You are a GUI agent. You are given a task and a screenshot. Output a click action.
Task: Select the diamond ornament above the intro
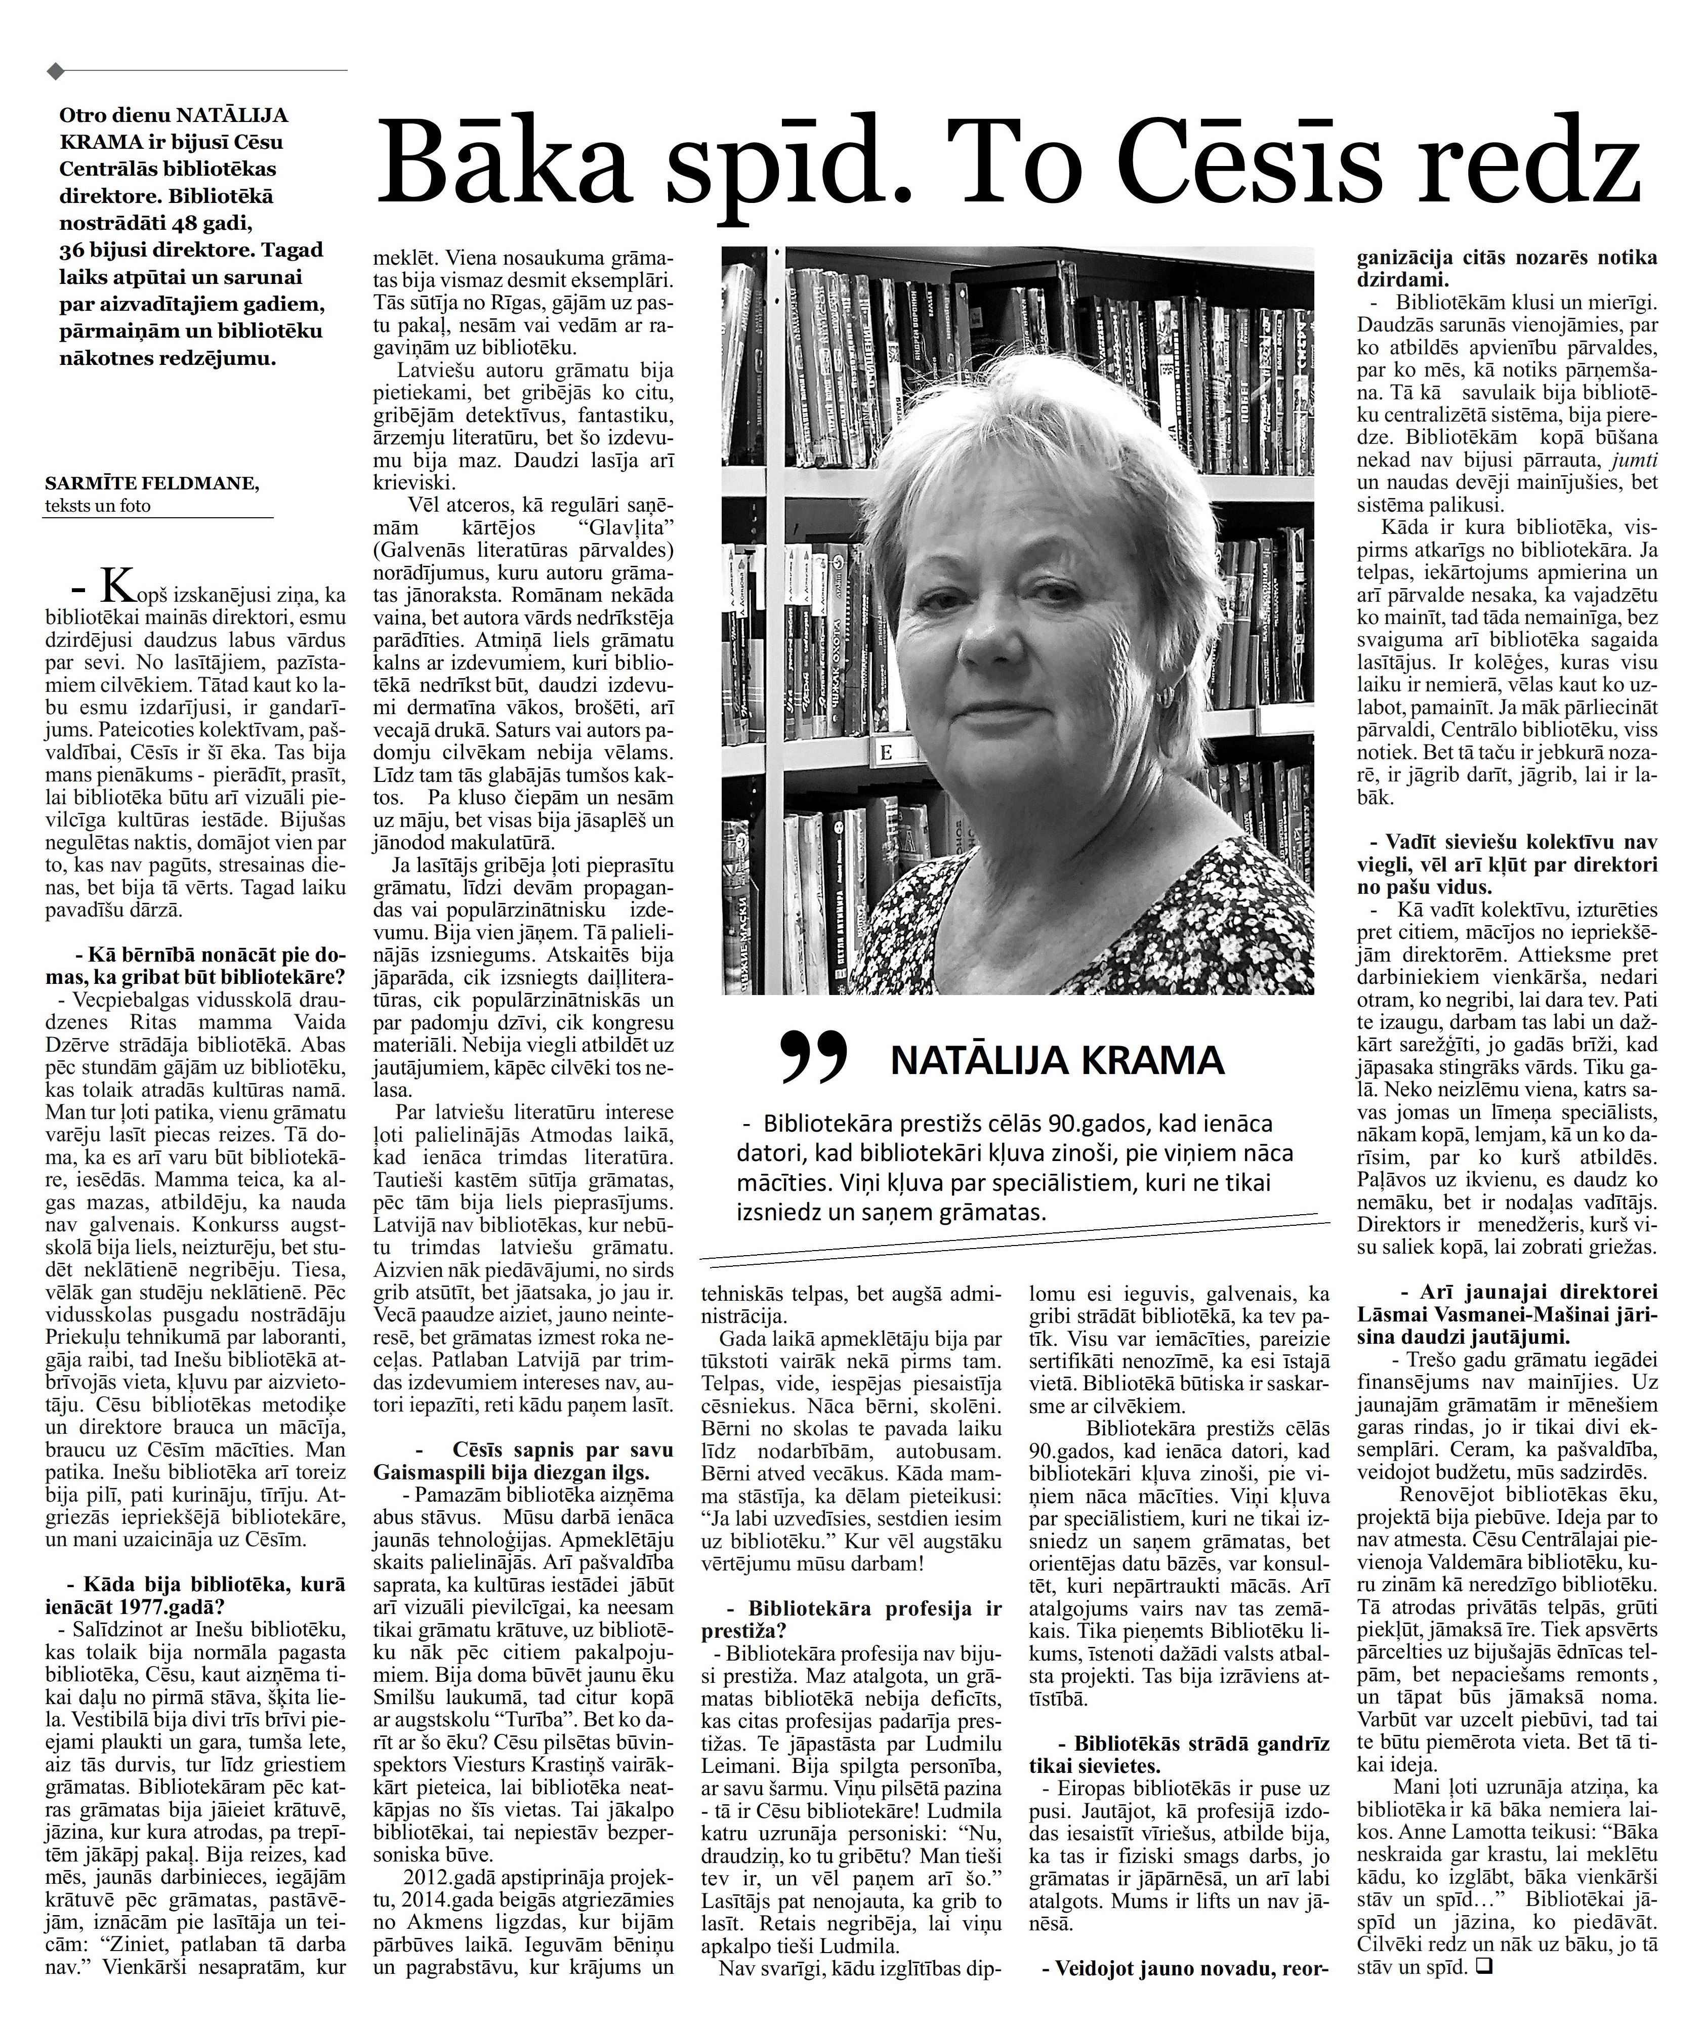coord(56,70)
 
